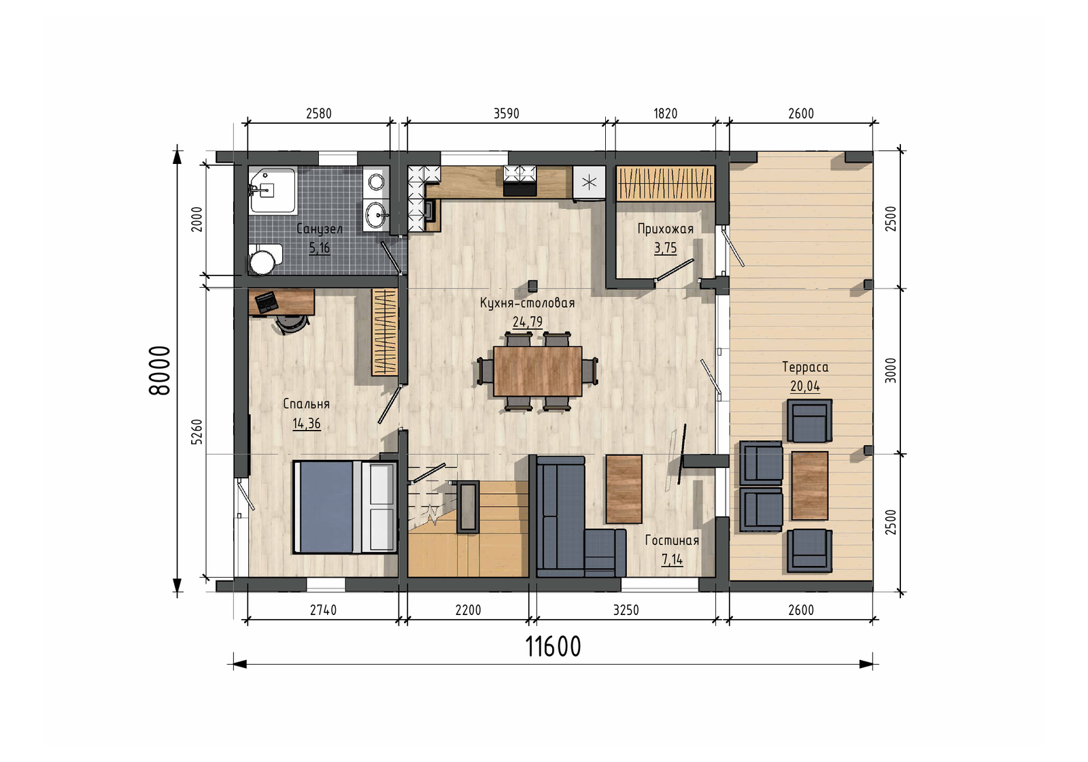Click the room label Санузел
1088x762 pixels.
(319, 229)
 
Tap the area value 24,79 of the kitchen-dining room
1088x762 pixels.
(528, 322)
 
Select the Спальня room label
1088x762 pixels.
(306, 404)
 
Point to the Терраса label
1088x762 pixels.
(805, 367)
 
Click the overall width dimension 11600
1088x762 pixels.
(554, 646)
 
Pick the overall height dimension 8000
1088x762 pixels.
(160, 371)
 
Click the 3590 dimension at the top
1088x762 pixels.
(507, 114)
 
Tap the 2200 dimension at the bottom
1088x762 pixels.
(469, 610)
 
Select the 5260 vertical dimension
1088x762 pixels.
(197, 432)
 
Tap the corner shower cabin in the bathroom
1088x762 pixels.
(272, 190)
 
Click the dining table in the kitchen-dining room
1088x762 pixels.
(538, 371)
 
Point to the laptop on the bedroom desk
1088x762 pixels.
(267, 302)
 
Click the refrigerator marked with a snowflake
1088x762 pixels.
(589, 183)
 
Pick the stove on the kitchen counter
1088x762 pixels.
(520, 180)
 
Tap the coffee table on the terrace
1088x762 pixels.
(810, 486)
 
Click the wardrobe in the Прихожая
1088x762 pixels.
(666, 183)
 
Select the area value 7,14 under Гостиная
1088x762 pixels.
(673, 561)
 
